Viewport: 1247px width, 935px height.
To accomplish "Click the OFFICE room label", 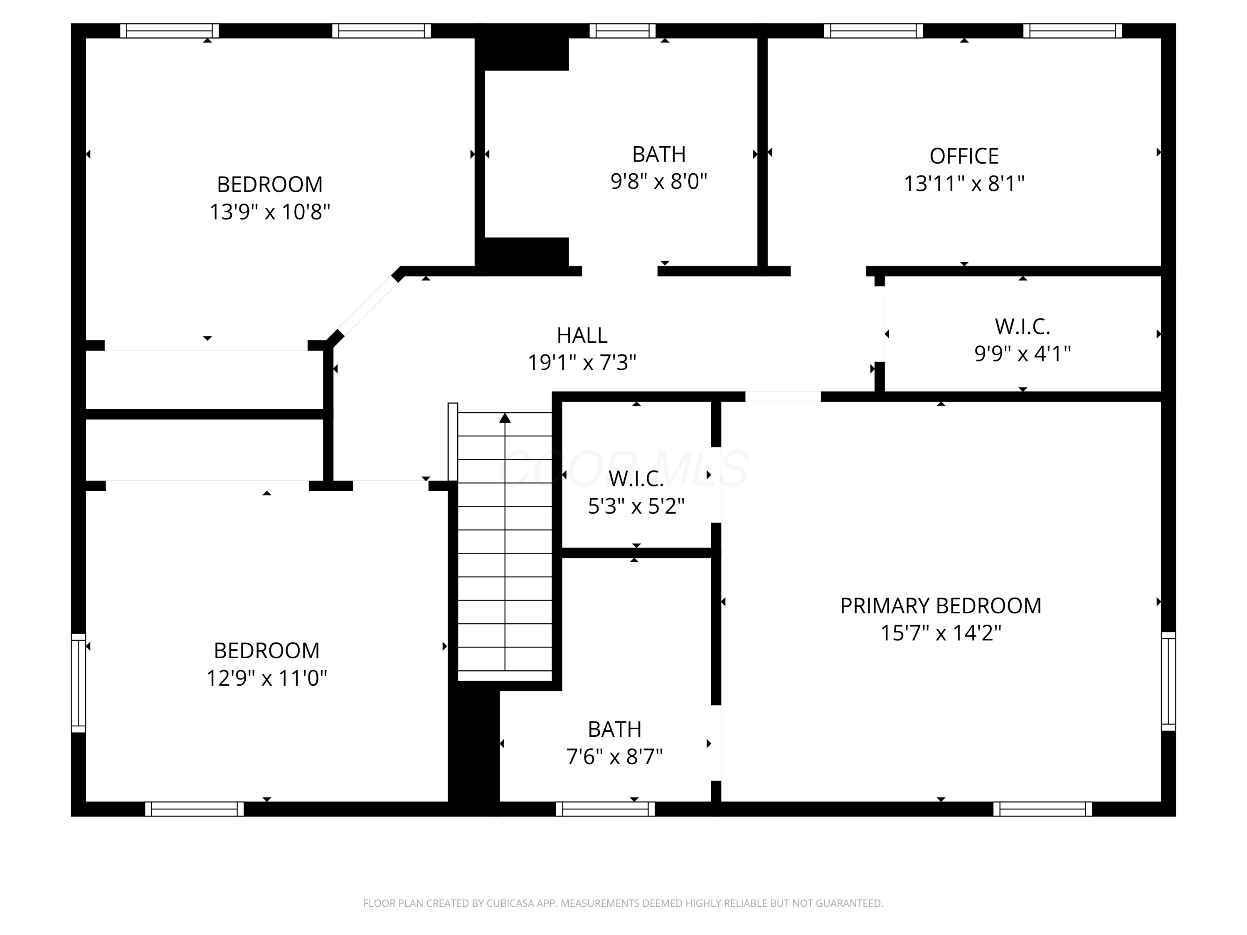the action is (x=964, y=156).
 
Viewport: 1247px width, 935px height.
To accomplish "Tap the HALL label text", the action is (x=582, y=335).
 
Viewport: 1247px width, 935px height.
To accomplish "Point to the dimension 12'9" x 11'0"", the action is (x=267, y=678).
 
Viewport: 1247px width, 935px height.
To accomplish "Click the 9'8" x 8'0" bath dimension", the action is (x=659, y=182).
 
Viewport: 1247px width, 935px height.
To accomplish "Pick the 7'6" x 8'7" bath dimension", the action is (x=614, y=757).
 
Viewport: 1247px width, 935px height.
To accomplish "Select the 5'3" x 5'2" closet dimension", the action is (x=636, y=506).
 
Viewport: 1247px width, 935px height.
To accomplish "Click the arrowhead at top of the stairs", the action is (x=505, y=418).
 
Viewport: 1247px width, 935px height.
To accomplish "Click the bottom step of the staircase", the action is (x=505, y=676).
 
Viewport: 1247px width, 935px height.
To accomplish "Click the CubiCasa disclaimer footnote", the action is (x=623, y=903).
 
